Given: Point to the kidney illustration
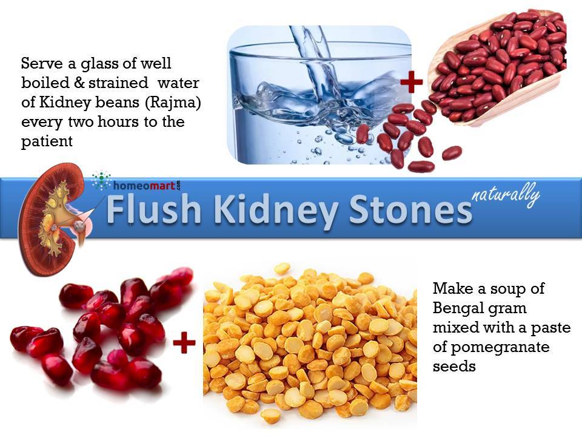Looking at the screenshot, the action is [x=56, y=219].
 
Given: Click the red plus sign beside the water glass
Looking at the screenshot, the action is [x=411, y=82].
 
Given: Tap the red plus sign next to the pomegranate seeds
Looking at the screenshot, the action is [x=184, y=342].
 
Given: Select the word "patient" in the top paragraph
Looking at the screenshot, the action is [x=47, y=142].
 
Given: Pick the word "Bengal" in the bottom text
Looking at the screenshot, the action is [x=457, y=308].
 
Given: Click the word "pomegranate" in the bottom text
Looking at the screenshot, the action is [x=500, y=348].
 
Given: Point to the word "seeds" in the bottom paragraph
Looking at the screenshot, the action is [x=454, y=367].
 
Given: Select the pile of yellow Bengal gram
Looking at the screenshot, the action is [x=310, y=345].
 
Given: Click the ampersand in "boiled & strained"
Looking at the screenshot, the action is [x=79, y=83].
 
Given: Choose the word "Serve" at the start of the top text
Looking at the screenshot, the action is [x=42, y=63].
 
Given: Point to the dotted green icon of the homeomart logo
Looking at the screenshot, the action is [x=102, y=180].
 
